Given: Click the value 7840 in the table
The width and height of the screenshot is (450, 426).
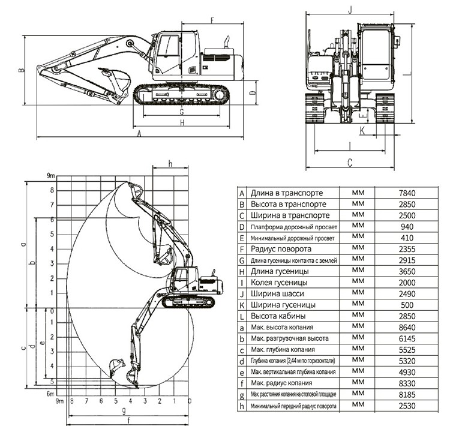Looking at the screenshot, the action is pyautogui.click(x=407, y=193).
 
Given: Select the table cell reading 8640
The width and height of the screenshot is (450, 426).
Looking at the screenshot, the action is pyautogui.click(x=407, y=328).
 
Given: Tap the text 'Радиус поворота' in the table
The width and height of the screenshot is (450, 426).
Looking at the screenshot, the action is pyautogui.click(x=281, y=249).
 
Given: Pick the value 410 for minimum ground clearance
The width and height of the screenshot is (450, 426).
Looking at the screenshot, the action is pyautogui.click(x=407, y=238).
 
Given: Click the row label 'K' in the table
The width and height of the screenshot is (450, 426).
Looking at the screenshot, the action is pyautogui.click(x=242, y=305).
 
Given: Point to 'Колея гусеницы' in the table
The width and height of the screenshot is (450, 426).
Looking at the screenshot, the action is pyautogui.click(x=279, y=283).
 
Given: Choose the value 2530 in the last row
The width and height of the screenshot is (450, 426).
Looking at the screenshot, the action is pyautogui.click(x=407, y=406).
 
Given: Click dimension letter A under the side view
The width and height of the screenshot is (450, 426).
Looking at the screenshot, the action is pyautogui.click(x=139, y=133).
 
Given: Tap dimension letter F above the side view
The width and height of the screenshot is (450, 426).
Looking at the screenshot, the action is pyautogui.click(x=212, y=20).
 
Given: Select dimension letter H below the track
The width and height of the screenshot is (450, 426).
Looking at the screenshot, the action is pyautogui.click(x=182, y=122).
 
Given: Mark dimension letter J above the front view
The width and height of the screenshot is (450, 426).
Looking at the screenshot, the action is pyautogui.click(x=350, y=10).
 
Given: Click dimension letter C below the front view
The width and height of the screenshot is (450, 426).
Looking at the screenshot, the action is pyautogui.click(x=350, y=163).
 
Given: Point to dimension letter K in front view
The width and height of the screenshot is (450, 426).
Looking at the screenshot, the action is pyautogui.click(x=362, y=131).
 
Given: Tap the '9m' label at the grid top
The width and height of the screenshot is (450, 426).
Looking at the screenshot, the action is pyautogui.click(x=51, y=176).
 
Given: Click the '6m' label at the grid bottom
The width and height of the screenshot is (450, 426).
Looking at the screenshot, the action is pyautogui.click(x=50, y=394).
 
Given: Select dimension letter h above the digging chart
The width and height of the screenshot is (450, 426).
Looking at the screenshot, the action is pyautogui.click(x=170, y=163).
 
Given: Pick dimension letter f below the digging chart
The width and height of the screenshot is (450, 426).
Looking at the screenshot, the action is pyautogui.click(x=128, y=421).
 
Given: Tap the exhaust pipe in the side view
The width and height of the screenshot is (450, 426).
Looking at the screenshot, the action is pyautogui.click(x=226, y=42).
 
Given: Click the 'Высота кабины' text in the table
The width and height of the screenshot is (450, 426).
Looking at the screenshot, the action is pyautogui.click(x=278, y=316).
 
